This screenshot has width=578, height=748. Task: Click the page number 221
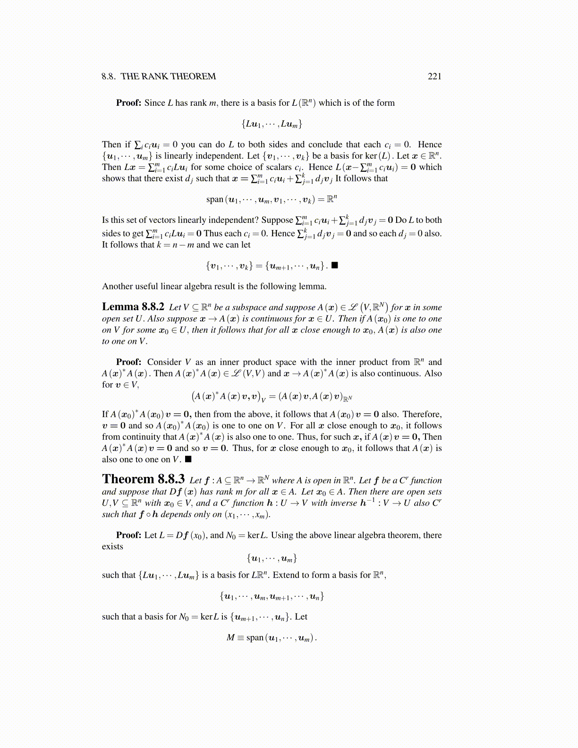point(434,76)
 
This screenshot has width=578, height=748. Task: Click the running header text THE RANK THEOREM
point(168,76)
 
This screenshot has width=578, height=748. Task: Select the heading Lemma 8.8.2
point(133,307)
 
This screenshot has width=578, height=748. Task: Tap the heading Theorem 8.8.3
point(143,479)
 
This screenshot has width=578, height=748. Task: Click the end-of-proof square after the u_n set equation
point(334,265)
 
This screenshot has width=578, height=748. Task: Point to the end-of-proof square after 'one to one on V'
point(188,459)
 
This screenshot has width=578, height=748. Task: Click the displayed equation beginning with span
point(272,199)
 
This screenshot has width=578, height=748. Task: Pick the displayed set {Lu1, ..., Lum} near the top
point(272,124)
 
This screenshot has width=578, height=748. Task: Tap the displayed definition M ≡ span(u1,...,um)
point(272,638)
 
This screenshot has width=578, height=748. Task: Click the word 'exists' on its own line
point(112,547)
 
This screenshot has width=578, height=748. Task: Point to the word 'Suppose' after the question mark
point(277,220)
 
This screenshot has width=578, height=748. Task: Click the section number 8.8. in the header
point(109,76)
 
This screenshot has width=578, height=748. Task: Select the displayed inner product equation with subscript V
point(272,397)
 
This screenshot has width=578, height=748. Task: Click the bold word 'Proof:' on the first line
point(128,103)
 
